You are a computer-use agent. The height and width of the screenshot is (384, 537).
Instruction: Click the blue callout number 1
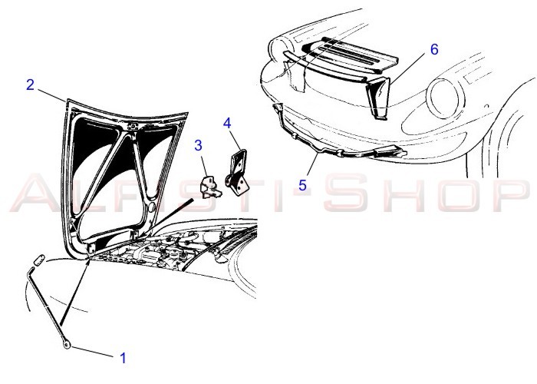click(x=124, y=359)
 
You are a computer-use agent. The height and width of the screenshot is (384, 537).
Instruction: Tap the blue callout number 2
click(x=30, y=84)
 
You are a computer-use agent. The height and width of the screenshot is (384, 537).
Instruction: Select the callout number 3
click(x=198, y=145)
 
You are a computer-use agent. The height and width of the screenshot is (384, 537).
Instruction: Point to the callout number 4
click(x=227, y=124)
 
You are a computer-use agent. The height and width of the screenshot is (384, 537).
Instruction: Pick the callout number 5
click(x=302, y=185)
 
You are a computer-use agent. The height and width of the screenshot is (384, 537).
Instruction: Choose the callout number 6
click(x=434, y=49)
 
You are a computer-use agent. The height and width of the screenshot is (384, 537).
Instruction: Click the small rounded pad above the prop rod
click(x=39, y=260)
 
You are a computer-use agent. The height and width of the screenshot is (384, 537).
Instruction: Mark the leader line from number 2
click(x=51, y=95)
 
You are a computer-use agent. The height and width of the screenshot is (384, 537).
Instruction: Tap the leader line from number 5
click(x=312, y=166)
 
